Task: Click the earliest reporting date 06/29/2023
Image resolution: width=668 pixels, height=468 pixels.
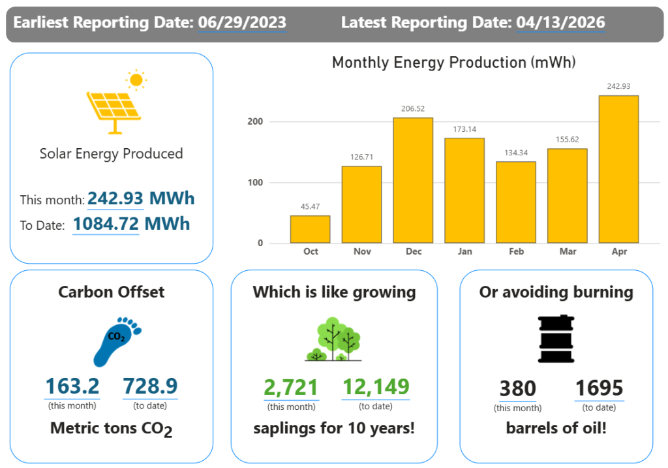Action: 241,22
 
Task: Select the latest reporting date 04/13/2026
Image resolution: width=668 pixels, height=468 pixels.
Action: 560,22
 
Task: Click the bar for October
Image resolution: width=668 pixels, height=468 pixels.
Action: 310,229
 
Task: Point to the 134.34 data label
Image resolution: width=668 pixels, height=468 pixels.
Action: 515,153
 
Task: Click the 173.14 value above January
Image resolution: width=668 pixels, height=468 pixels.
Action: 464,129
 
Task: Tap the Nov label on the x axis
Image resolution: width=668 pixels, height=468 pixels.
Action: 362,251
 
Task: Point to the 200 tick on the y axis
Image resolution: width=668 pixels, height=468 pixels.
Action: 255,121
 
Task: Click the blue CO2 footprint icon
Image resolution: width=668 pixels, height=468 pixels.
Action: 117,341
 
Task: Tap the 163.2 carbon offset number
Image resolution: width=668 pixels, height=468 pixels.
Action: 72,386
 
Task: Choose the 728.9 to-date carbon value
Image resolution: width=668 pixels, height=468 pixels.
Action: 150,386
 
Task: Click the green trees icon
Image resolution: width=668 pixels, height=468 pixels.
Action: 334,339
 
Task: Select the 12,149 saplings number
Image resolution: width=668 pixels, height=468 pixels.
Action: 375,386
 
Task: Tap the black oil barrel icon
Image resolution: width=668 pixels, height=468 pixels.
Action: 556,339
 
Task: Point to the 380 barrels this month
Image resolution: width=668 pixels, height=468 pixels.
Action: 517,388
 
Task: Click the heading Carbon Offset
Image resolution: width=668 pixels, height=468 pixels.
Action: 112,292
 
